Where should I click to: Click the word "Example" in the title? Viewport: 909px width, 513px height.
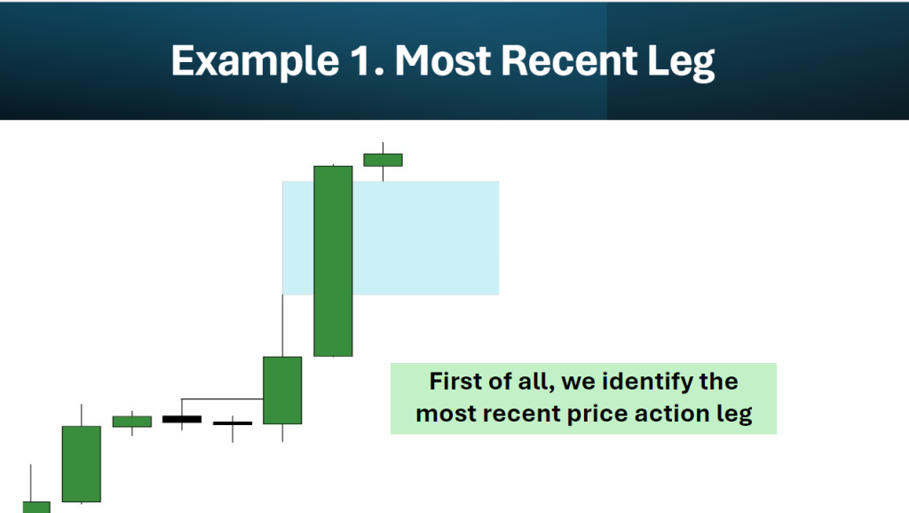(x=255, y=61)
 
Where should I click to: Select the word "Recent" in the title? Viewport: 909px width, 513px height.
(x=569, y=60)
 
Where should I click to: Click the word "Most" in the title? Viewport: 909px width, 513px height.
(x=443, y=60)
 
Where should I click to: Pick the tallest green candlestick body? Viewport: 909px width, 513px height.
(x=334, y=261)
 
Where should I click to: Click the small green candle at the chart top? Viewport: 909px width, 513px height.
(x=383, y=160)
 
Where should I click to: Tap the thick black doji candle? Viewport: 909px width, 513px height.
(x=182, y=419)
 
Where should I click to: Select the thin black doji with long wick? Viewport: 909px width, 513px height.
(x=233, y=423)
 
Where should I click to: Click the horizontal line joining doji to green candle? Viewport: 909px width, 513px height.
(x=223, y=399)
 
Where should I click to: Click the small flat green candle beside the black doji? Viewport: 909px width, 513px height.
(x=132, y=422)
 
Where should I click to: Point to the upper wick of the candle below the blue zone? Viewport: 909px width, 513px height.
(x=282, y=326)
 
